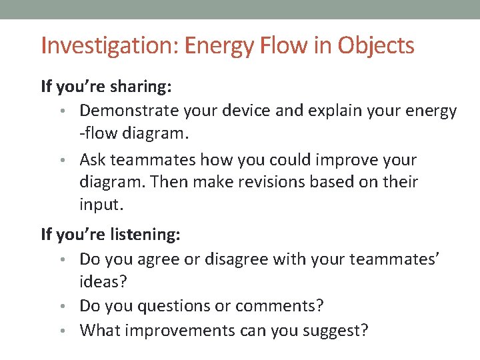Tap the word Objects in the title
tap(376, 46)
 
